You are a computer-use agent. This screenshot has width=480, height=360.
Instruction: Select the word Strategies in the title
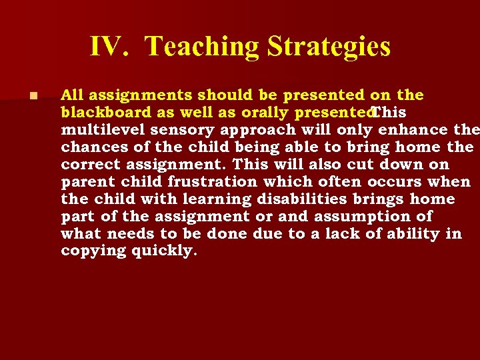coord(329,47)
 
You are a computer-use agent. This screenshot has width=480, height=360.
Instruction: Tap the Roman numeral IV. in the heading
coord(113,47)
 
